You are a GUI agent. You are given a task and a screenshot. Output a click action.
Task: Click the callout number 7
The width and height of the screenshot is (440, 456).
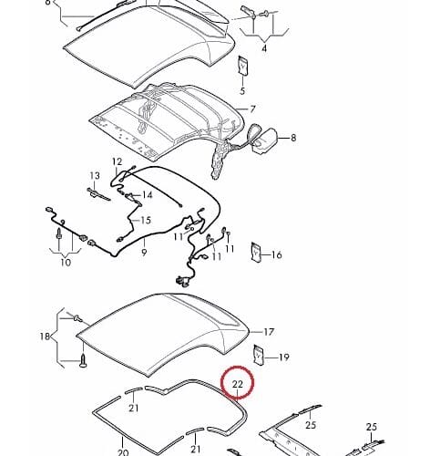(252, 109)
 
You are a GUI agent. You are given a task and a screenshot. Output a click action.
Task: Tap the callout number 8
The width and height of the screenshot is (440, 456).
(293, 138)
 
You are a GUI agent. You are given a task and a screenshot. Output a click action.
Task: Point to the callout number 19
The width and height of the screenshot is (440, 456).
(283, 358)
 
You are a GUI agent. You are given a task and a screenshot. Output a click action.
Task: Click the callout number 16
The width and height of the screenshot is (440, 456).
(276, 254)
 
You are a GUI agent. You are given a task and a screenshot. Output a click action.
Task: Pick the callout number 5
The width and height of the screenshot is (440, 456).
(242, 90)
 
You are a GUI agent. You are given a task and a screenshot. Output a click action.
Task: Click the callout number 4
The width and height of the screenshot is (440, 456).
(264, 48)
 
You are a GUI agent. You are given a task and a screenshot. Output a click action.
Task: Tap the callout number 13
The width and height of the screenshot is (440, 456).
(95, 176)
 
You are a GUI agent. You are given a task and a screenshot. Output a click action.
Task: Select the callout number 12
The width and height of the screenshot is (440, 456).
(117, 161)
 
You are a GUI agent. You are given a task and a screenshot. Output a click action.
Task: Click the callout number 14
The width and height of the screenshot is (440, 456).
(148, 194)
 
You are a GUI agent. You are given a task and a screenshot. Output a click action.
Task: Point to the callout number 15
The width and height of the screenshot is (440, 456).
(146, 220)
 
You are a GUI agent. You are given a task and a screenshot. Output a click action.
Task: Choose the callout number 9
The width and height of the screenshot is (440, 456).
(144, 252)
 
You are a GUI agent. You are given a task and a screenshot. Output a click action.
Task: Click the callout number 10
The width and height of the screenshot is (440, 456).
(66, 262)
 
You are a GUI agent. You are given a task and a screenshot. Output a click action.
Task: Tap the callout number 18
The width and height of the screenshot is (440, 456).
(45, 337)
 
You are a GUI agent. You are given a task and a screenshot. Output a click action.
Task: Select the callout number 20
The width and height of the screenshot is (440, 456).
(123, 452)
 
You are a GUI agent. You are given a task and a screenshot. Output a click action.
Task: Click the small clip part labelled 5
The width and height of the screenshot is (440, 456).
(243, 66)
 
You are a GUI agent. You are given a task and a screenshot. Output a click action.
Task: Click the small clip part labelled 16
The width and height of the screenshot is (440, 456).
(256, 252)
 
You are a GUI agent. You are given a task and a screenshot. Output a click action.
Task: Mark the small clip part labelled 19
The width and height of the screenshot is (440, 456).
(259, 355)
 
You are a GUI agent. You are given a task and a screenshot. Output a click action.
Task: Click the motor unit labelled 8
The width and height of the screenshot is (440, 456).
(263, 140)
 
